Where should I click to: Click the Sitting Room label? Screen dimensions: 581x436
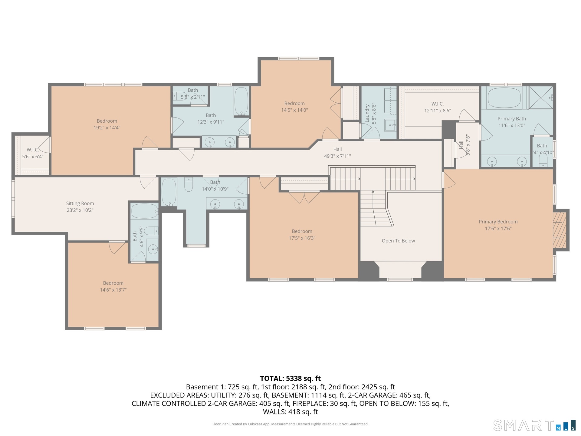80,203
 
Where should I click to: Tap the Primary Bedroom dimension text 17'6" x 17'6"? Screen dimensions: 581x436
498,229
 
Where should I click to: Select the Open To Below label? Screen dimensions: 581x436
398,241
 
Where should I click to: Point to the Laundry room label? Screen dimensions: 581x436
367,113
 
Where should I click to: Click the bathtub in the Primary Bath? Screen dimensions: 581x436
504,98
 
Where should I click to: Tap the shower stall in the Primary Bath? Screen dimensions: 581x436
541,97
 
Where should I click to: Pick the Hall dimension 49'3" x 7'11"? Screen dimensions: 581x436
337,156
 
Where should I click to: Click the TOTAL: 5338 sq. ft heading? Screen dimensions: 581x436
290,378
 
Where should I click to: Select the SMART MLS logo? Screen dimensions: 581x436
534,425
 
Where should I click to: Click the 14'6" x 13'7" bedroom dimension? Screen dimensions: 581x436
113,290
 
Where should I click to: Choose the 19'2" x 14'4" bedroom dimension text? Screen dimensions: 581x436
107,128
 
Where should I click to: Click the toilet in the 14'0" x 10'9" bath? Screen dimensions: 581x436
189,185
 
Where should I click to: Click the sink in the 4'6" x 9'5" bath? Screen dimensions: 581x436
153,250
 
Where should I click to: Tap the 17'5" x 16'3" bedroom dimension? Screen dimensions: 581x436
302,238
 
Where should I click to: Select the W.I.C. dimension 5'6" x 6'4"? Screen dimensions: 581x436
33,157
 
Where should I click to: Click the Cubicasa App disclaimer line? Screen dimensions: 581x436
290,424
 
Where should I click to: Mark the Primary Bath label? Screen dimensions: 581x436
512,119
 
